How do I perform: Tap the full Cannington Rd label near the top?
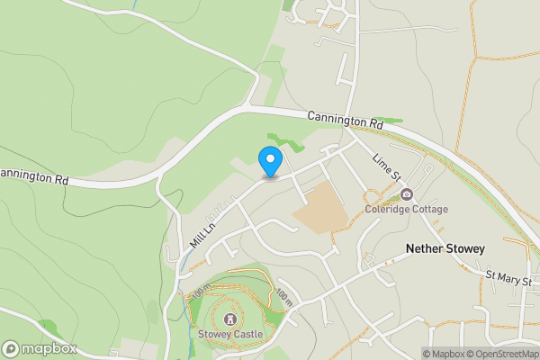(345, 121)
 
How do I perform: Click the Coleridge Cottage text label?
(406, 210)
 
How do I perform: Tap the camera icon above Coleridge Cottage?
(407, 194)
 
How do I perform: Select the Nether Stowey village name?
(445, 248)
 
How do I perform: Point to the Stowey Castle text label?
(230, 335)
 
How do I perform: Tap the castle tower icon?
(230, 319)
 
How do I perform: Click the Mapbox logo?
(40, 348)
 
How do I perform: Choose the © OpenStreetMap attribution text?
(503, 354)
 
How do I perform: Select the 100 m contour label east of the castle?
(283, 296)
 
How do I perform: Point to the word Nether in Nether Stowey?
(425, 248)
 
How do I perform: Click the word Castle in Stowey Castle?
(247, 335)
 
